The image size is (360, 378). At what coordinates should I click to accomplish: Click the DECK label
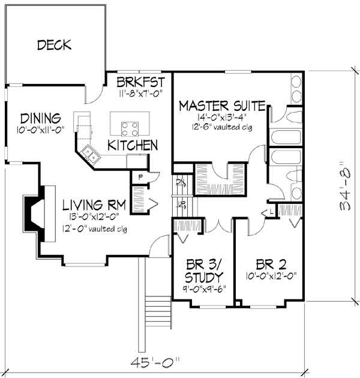pos(54,44)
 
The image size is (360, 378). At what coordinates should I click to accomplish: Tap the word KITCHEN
pos(133,145)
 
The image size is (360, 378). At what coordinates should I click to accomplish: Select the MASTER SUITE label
pos(222,106)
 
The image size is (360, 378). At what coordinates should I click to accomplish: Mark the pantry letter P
pos(140,177)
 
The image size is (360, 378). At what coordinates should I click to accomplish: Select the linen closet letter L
pos(271,212)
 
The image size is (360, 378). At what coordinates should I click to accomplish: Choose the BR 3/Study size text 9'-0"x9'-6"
pos(202,289)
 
